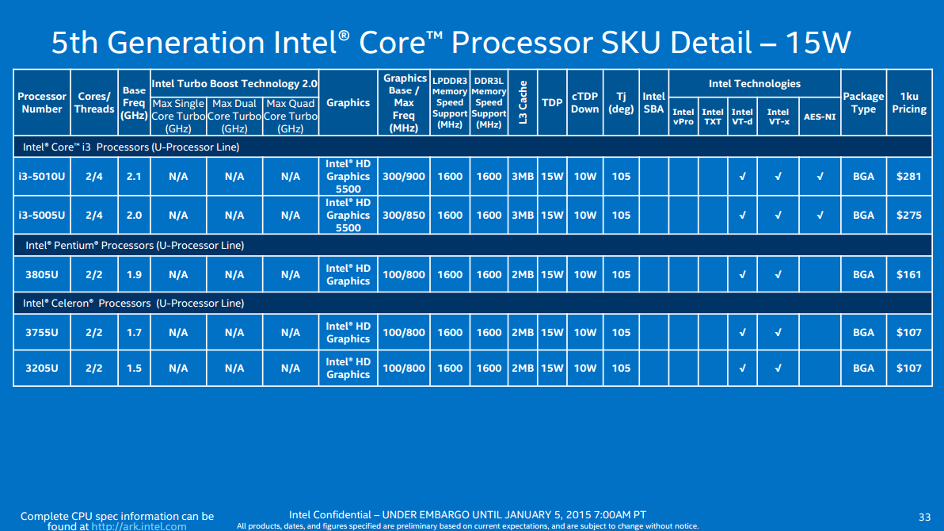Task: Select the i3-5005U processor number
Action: click(42, 215)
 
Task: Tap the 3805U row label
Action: click(42, 274)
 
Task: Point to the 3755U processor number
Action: click(42, 332)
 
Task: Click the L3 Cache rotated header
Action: click(523, 103)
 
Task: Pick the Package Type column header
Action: click(863, 102)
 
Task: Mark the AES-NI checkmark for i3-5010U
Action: click(820, 176)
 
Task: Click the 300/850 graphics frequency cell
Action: click(404, 215)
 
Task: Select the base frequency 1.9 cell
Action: click(134, 274)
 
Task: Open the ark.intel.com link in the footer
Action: click(139, 525)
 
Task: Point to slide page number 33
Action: click(924, 517)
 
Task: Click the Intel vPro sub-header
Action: click(683, 117)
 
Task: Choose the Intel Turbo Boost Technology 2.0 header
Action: click(234, 83)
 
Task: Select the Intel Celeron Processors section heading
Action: click(134, 303)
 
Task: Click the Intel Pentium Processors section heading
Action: click(134, 245)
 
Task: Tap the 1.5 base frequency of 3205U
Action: click(134, 368)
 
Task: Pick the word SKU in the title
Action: click(626, 42)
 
